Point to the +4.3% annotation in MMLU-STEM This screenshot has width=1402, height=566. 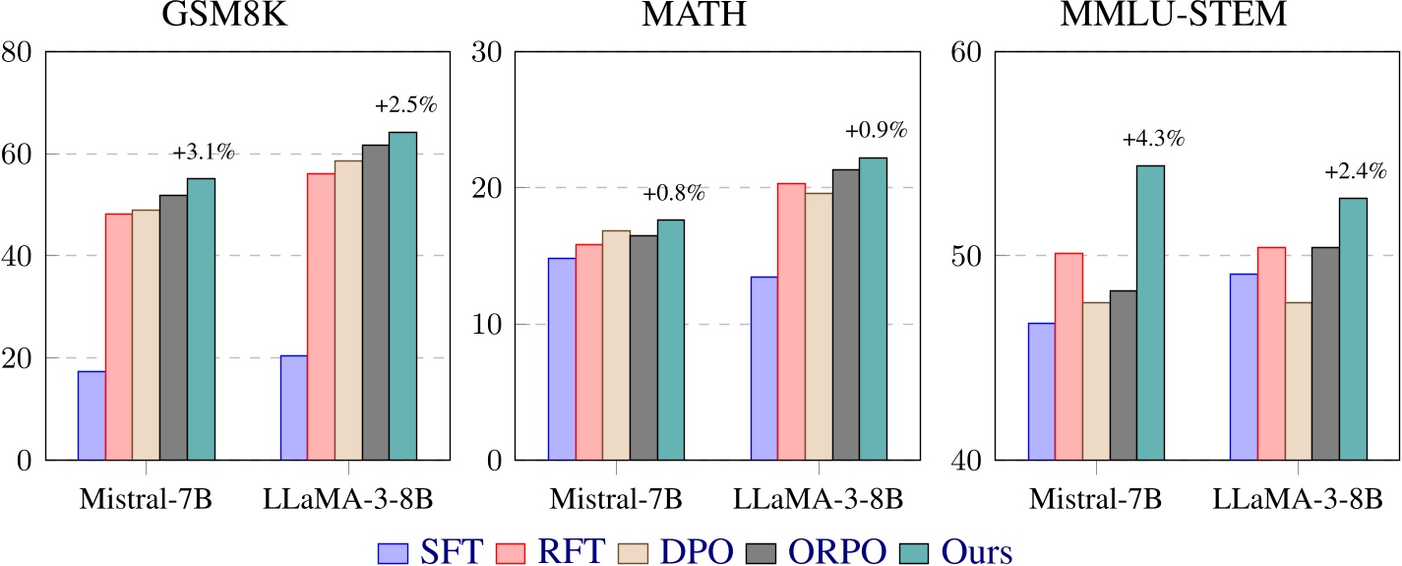pos(1153,140)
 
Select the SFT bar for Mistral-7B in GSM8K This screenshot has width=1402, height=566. pos(91,415)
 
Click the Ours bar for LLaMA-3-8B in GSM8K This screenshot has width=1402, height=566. pos(402,295)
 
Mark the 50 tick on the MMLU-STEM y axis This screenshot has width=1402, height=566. pos(972,256)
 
